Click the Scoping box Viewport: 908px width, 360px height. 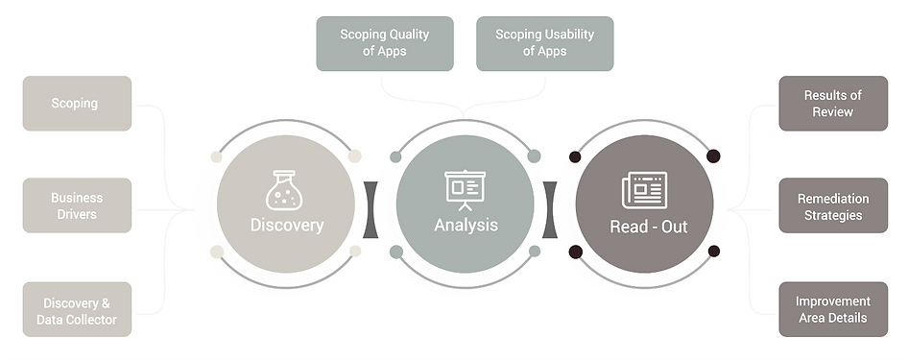coord(77,103)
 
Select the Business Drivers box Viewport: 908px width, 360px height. coord(77,205)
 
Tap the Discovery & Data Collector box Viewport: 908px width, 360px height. coord(77,310)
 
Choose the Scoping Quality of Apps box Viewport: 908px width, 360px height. coord(385,43)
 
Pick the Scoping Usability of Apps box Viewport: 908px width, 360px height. coord(545,43)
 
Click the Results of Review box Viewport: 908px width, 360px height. coord(833,103)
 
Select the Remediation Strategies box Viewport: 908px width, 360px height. coord(833,205)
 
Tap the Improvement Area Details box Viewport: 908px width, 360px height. coord(833,310)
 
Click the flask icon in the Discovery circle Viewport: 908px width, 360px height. coord(284,190)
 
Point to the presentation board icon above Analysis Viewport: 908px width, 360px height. coord(465,190)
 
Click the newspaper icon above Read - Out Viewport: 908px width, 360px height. coord(644,190)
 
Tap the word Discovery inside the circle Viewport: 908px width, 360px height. coord(287,226)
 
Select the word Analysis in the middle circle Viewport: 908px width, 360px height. coord(466,226)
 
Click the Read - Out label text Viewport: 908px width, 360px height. coord(649,227)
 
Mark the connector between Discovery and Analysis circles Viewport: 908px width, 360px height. coord(370,209)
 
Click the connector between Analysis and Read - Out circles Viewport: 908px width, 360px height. coord(550,209)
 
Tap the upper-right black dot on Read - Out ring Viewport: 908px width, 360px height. coord(713,156)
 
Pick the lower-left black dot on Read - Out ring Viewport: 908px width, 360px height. coord(576,252)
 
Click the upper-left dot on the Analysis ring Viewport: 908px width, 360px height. coord(395,156)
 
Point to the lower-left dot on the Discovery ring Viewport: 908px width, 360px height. coord(217,252)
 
